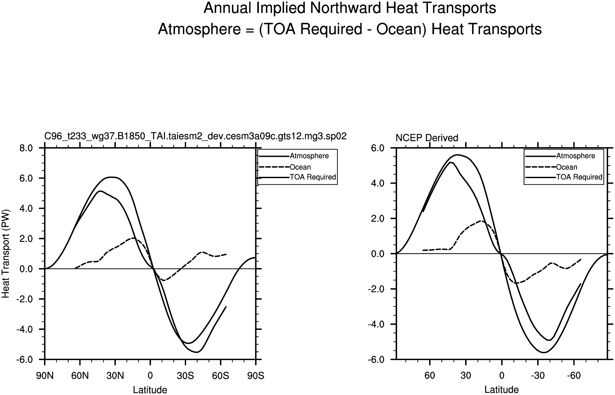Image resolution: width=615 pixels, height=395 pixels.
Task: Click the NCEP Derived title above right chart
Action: [427, 138]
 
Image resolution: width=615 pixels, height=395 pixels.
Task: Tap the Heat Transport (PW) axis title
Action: [6, 254]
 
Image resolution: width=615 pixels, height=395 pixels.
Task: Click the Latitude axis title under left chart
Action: [150, 390]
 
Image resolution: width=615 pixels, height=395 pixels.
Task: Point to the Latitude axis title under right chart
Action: [502, 390]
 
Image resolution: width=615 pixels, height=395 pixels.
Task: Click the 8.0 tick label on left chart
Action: [26, 148]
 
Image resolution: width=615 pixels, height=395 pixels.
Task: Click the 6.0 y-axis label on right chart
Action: [378, 148]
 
